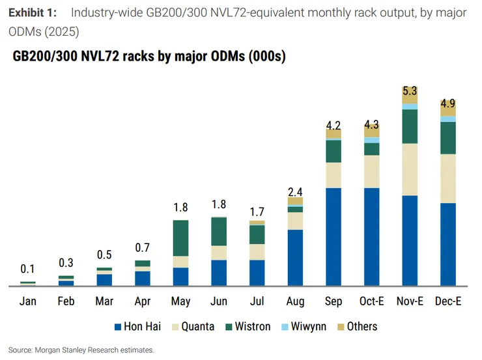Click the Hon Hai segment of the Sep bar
pyautogui.click(x=333, y=237)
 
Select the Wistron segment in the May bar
pyautogui.click(x=181, y=238)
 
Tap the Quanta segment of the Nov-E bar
pyautogui.click(x=410, y=169)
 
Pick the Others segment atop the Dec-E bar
pyautogui.click(x=448, y=108)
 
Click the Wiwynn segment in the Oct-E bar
pyautogui.click(x=372, y=140)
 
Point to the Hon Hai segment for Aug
pyautogui.click(x=296, y=258)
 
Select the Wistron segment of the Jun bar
pyautogui.click(x=219, y=231)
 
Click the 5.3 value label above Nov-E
pyautogui.click(x=410, y=91)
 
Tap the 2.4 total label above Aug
pyautogui.click(x=296, y=192)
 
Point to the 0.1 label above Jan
pyautogui.click(x=27, y=269)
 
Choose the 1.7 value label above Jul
pyautogui.click(x=257, y=212)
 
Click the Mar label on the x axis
pyautogui.click(x=104, y=301)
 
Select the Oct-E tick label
pyautogui.click(x=372, y=301)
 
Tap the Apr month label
pyautogui.click(x=143, y=301)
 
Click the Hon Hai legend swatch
pyautogui.click(x=118, y=327)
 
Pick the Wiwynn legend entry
pyautogui.click(x=304, y=327)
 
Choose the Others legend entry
pyautogui.click(x=358, y=327)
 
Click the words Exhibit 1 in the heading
pyautogui.click(x=33, y=13)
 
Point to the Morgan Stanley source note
pyautogui.click(x=81, y=350)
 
